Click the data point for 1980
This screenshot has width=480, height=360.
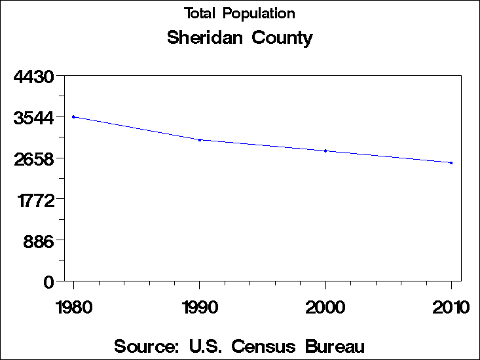73,117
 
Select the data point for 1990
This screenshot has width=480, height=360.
199,139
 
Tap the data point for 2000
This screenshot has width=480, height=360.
325,151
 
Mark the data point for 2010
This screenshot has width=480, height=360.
451,162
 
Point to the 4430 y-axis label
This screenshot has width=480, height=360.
33,77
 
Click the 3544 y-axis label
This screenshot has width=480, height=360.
33,118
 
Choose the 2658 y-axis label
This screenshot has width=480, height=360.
33,159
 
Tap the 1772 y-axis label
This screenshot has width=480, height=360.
33,200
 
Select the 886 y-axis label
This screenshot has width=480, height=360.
39,241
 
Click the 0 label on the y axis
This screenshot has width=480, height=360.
48,282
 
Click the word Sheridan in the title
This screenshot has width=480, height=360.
204,38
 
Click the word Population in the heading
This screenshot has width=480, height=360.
259,14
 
